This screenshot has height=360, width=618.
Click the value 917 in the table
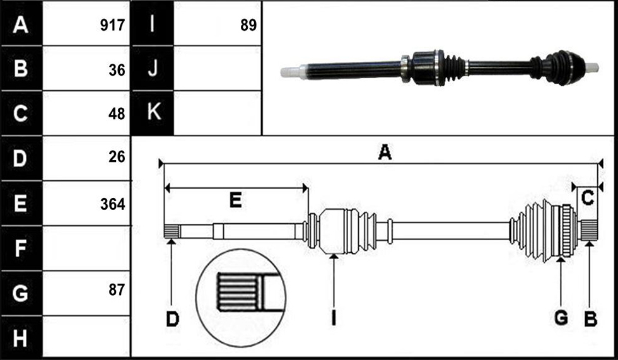pyautogui.click(x=112, y=25)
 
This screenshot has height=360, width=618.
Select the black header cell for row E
pyautogui.click(x=21, y=203)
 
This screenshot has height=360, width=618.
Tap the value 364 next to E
pyautogui.click(x=112, y=204)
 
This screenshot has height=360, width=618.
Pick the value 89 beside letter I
pyautogui.click(x=248, y=25)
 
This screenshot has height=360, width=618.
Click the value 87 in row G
pyautogui.click(x=117, y=290)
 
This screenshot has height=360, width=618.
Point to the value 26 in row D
pyautogui.click(x=117, y=157)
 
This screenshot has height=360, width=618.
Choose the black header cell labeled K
pyautogui.click(x=152, y=113)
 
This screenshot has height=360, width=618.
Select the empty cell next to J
pyautogui.click(x=217, y=68)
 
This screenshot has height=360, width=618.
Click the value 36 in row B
pyautogui.click(x=117, y=70)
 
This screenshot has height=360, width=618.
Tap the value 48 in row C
pyautogui.click(x=117, y=114)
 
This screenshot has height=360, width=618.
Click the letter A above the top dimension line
pyautogui.click(x=385, y=152)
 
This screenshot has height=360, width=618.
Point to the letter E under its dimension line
pyautogui.click(x=235, y=200)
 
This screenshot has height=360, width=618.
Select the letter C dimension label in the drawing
pyautogui.click(x=587, y=198)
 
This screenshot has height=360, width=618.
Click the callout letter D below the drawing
pyautogui.click(x=172, y=318)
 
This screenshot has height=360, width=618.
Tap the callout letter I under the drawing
pyautogui.click(x=334, y=318)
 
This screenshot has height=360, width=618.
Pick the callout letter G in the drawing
pyautogui.click(x=561, y=318)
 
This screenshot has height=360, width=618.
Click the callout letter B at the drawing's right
pyautogui.click(x=590, y=318)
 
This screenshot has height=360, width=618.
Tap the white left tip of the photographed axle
pyautogui.click(x=290, y=72)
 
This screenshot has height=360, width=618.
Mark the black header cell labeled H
pyautogui.click(x=21, y=337)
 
